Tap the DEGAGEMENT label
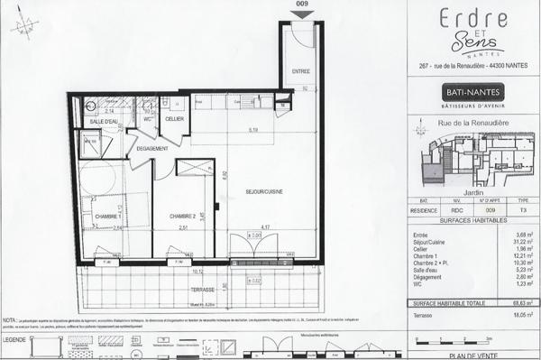[153, 148]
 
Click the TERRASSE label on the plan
[202, 290]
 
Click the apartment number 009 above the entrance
[301, 5]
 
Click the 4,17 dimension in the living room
[265, 226]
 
